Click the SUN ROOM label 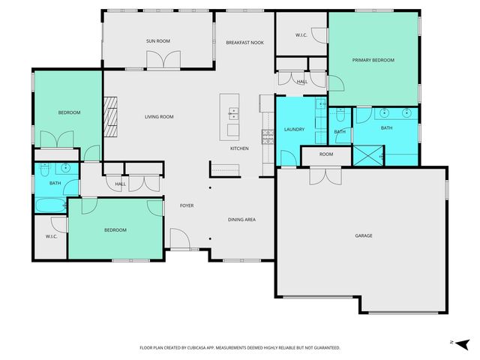(158, 42)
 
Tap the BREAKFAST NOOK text (244, 43)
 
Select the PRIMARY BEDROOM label (373, 60)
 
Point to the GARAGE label (364, 235)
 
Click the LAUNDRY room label (294, 130)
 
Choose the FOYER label (187, 205)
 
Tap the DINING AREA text (242, 220)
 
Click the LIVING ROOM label (159, 116)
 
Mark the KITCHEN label (239, 148)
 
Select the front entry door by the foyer (179, 241)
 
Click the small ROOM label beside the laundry (325, 154)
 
